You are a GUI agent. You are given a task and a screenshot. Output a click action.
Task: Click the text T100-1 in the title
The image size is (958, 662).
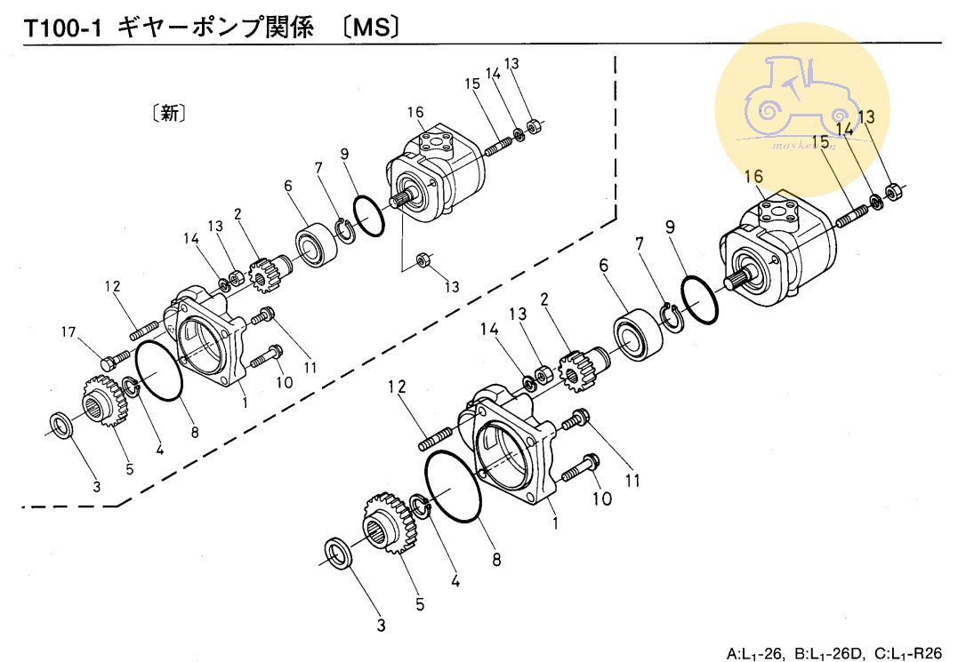[x=61, y=28]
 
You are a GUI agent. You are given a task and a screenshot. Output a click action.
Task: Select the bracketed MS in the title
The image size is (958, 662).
[x=369, y=28]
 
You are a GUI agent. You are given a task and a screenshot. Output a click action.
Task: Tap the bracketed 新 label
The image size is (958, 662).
[x=169, y=114]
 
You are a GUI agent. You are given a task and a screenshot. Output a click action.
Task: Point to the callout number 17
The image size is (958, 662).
[x=69, y=334]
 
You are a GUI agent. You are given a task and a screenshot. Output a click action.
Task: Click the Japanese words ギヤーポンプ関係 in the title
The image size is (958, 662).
[x=216, y=28]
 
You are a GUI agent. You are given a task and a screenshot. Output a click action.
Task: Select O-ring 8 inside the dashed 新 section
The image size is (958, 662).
[x=159, y=372]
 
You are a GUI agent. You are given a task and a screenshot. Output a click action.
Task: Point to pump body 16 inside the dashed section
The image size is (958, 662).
[x=427, y=176]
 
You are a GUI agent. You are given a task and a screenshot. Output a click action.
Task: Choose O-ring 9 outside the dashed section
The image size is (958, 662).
[x=698, y=300]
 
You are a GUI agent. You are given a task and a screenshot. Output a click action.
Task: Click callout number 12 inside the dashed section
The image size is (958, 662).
[x=112, y=286]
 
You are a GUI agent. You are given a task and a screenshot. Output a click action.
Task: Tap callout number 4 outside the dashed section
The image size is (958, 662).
[x=455, y=583]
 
